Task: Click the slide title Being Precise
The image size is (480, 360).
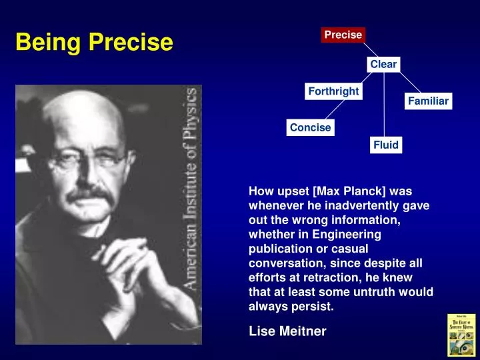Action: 94,42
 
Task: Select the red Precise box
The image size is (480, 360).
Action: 343,35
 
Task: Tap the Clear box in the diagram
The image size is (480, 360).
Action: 383,64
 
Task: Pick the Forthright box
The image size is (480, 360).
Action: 333,91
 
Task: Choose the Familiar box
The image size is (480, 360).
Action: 429,101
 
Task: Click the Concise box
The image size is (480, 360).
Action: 310,127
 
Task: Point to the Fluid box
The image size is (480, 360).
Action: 385,145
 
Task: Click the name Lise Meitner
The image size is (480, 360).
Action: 287,331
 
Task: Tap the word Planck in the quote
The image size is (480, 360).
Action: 361,191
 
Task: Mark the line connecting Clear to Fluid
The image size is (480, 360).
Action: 384,107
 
